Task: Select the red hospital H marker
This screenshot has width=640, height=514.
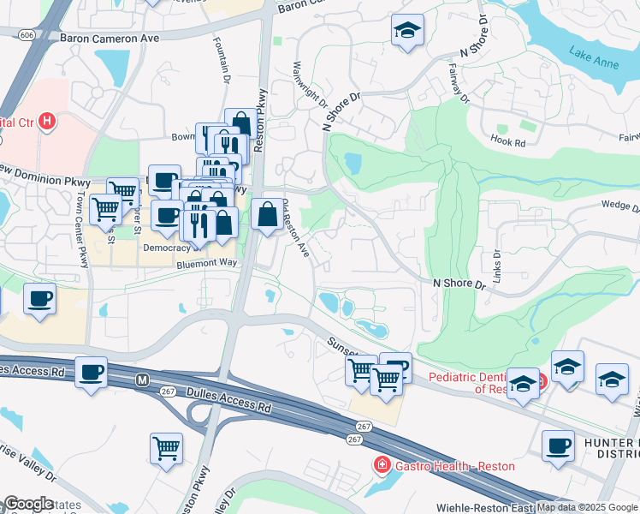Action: point(47,122)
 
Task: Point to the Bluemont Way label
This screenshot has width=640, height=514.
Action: point(206,265)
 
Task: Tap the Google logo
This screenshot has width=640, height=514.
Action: point(27,505)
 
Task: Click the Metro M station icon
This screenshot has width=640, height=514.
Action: point(143,378)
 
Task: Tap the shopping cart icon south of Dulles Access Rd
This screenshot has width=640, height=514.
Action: point(166,448)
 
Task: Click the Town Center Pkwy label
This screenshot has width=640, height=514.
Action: point(82,229)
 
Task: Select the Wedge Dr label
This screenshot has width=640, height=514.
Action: point(619,206)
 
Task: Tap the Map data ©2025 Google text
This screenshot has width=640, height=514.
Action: point(586,507)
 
